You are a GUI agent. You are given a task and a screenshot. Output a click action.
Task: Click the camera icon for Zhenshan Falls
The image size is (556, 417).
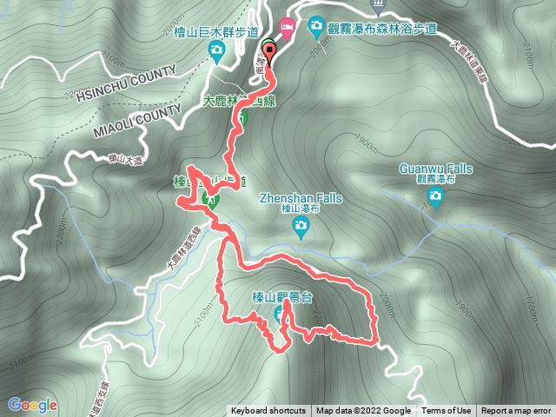click(x=301, y=228)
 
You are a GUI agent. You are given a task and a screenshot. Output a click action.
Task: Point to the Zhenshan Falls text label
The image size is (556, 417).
click(x=301, y=198)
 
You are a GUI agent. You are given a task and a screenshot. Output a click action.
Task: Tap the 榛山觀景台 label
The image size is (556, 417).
click(x=281, y=296)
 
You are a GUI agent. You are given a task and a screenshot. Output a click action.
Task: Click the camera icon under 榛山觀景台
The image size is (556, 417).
click(x=282, y=314)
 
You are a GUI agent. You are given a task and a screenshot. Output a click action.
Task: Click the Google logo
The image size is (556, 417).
click(x=33, y=405)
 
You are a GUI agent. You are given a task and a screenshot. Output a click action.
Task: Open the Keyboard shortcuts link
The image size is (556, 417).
click(x=268, y=411)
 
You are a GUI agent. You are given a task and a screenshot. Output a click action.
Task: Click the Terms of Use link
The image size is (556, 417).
click(x=446, y=411)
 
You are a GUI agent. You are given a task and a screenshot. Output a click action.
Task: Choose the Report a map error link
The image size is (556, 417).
click(x=516, y=411)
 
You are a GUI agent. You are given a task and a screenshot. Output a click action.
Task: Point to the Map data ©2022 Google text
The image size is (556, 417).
click(x=363, y=411)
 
